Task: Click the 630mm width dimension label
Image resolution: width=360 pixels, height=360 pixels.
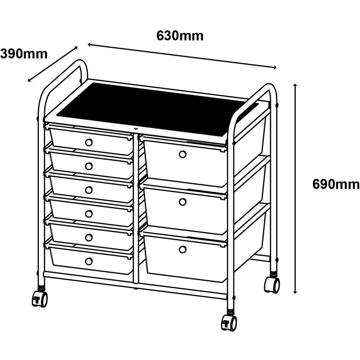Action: (x=180, y=36)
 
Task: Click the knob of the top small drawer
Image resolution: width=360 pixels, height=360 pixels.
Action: (x=89, y=142)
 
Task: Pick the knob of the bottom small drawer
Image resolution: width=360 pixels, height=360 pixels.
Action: (x=89, y=261)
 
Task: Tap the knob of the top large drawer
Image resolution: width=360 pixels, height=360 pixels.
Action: (x=183, y=154)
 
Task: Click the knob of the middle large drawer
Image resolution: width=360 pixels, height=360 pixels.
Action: (x=183, y=202)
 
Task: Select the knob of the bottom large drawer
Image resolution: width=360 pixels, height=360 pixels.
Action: (x=183, y=249)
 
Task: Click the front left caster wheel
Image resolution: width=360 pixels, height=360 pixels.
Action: (x=40, y=299)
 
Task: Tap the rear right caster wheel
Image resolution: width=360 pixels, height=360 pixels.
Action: (x=272, y=285)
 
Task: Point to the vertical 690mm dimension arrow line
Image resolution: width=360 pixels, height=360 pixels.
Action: (x=295, y=187)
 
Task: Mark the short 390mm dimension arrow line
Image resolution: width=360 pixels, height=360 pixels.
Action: (x=53, y=64)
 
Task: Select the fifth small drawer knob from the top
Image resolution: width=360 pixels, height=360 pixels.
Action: (x=89, y=237)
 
